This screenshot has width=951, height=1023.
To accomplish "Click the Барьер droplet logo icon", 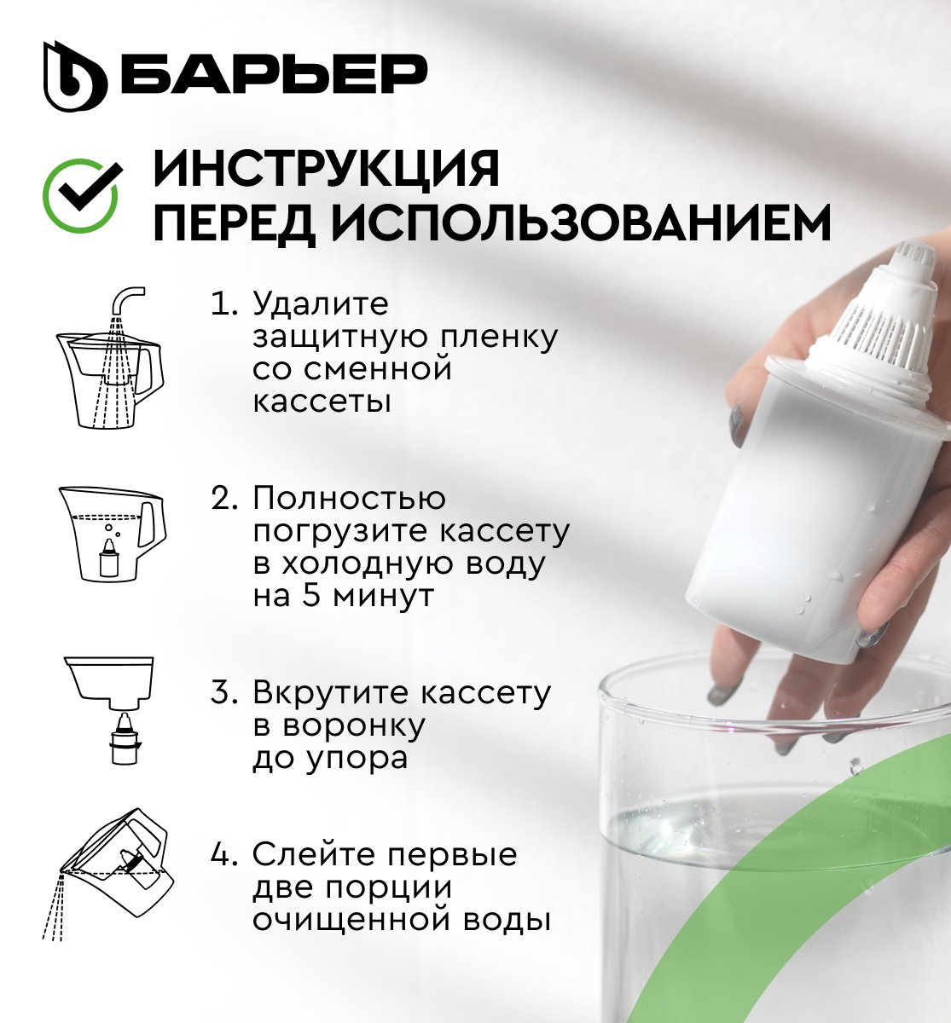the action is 75,76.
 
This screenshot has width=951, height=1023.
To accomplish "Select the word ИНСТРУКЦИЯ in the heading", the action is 327,169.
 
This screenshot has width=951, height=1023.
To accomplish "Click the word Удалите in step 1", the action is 321,303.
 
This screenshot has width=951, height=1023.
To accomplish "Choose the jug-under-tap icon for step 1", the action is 110,357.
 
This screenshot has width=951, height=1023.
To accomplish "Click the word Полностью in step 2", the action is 349,498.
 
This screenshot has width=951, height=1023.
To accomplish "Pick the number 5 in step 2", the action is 312,596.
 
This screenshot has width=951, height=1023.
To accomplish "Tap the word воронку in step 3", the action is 354,725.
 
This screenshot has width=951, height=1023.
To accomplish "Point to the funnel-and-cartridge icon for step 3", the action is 109,711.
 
